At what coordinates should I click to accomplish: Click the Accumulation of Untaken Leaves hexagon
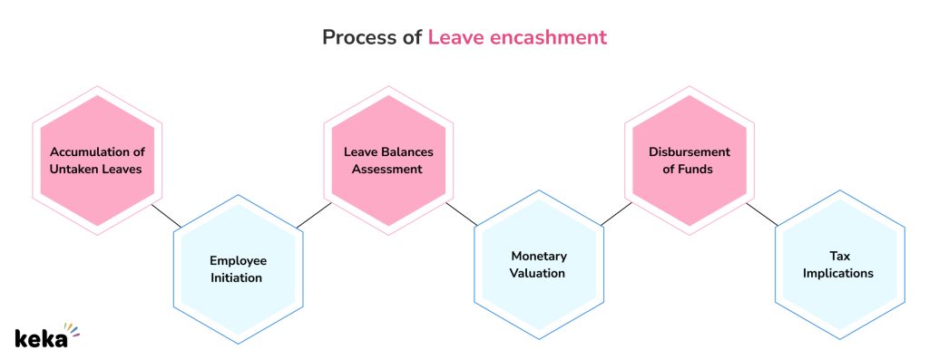(97, 161)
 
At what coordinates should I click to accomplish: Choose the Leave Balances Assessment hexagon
(388, 161)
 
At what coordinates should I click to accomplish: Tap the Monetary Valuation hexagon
(538, 265)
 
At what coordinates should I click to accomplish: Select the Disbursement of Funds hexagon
(689, 161)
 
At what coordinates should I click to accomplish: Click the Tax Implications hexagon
(839, 265)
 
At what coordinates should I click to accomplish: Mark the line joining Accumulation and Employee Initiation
(167, 216)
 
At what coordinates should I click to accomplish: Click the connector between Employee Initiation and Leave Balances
(311, 215)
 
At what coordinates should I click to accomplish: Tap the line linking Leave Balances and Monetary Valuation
(461, 215)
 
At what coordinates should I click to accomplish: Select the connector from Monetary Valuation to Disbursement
(614, 214)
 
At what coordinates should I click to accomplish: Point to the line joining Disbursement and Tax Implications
(762, 215)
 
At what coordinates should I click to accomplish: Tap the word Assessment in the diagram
(388, 169)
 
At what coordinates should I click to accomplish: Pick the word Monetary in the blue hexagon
(538, 256)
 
